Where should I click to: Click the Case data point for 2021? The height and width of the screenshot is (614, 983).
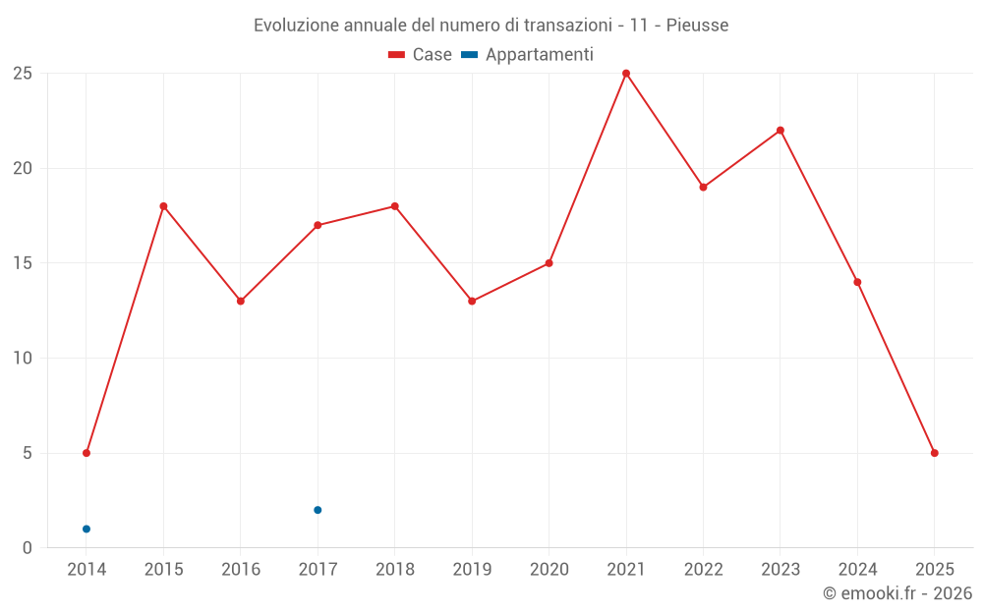(x=626, y=74)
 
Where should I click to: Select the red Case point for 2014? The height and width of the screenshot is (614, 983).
(x=87, y=453)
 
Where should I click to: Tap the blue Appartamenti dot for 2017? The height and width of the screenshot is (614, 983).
(x=318, y=510)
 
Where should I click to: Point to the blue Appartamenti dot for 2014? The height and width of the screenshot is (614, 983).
(x=87, y=529)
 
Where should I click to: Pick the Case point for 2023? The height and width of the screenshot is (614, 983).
(x=781, y=131)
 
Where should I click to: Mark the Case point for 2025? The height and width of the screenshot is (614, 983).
(x=935, y=453)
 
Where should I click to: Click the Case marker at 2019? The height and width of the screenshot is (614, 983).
(x=472, y=301)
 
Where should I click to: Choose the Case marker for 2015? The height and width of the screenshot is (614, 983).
(x=163, y=206)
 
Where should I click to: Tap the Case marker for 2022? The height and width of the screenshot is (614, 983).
(x=703, y=187)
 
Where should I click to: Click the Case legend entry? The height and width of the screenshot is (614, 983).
(x=421, y=55)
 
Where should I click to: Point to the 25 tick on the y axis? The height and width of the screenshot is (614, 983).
(x=23, y=74)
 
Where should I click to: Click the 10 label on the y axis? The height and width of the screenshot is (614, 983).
(x=23, y=358)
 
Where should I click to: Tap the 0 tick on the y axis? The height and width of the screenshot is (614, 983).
(x=28, y=547)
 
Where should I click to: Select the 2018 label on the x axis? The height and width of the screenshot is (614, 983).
(x=394, y=569)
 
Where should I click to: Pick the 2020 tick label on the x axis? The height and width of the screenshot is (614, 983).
(x=549, y=569)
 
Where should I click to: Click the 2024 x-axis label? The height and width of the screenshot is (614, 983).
(x=857, y=569)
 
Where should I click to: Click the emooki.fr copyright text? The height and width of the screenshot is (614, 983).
(x=897, y=593)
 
